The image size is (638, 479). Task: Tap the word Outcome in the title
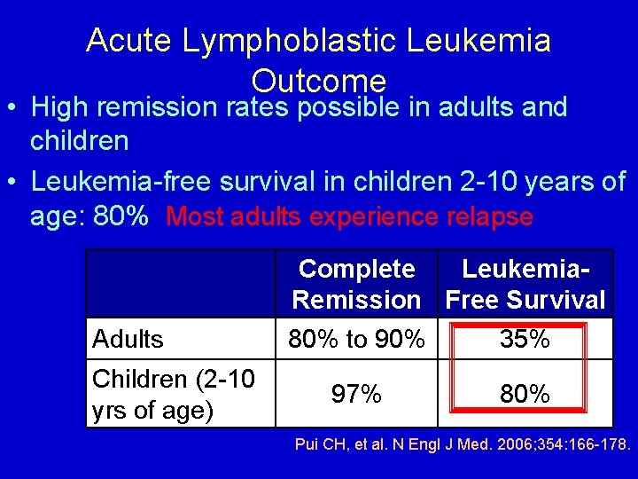pos(319,82)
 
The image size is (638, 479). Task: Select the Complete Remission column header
pos(356,284)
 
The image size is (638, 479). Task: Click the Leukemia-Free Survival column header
pos(525,284)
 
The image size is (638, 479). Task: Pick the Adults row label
pos(128,339)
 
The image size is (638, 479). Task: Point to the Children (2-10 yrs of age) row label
pos(174,394)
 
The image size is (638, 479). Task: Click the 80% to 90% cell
pos(356,339)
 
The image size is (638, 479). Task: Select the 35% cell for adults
pos(525,339)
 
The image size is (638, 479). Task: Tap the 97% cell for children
pos(356,394)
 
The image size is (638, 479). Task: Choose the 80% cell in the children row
pos(525,394)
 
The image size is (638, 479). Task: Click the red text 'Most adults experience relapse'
pos(349,216)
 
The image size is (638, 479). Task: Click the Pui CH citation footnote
pos(462,444)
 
